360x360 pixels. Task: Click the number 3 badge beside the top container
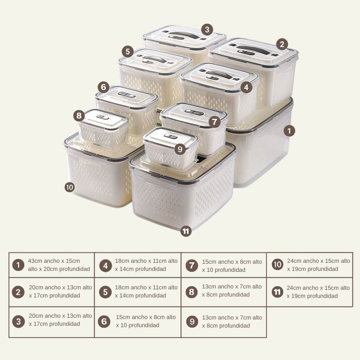207,30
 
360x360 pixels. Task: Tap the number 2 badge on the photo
282,44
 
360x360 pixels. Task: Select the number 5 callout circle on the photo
128,52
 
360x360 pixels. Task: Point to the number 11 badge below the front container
186,231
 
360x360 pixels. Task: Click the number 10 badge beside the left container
69,187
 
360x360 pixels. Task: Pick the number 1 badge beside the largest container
289,131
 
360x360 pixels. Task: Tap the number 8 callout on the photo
79,116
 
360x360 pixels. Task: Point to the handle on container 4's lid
219,74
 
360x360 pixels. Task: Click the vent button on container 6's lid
126,94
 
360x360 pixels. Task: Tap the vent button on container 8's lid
103,117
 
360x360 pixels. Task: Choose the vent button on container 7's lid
194,112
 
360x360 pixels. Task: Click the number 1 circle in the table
18,265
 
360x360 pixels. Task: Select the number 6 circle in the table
104,321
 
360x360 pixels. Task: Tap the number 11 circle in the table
277,292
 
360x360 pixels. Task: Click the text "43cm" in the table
35,261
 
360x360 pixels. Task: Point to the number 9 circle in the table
192,321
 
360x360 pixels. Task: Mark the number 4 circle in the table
105,265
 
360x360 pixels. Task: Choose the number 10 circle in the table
277,264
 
